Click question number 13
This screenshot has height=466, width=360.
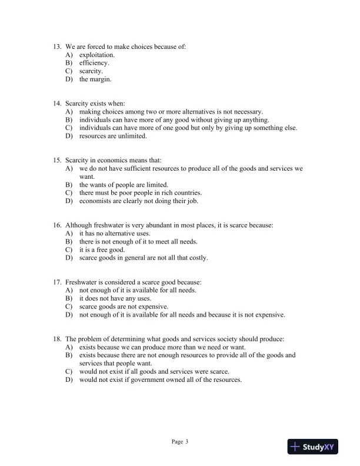(57, 46)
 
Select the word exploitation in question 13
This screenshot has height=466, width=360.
(97, 54)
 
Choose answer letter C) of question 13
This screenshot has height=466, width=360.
(69, 71)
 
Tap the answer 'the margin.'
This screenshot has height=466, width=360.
(95, 79)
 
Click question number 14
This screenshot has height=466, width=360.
(57, 103)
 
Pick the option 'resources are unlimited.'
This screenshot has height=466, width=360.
(113, 136)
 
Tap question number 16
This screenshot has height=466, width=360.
(57, 225)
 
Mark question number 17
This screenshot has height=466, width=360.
(57, 282)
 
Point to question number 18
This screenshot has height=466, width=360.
(57, 339)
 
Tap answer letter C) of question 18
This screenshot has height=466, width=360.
(69, 371)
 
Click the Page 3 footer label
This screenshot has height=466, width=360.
(179, 441)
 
